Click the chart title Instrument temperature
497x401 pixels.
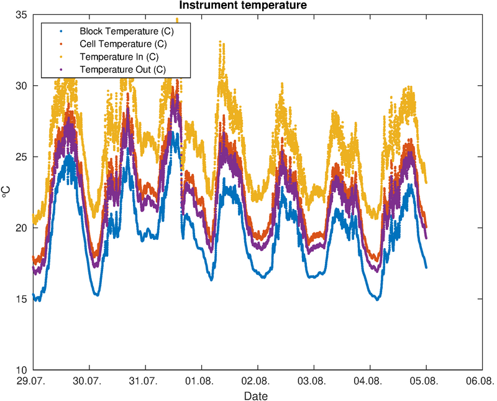point(243,5)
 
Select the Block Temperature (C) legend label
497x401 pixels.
point(127,31)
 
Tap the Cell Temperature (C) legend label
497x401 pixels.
point(123,44)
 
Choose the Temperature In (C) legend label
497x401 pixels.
point(119,57)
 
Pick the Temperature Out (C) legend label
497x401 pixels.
point(122,69)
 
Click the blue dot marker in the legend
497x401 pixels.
point(60,31)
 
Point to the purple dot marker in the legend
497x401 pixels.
point(60,69)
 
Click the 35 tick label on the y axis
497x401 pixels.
point(22,14)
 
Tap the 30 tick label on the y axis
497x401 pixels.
point(22,86)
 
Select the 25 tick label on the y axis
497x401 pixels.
point(22,157)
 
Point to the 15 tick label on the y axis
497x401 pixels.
point(22,299)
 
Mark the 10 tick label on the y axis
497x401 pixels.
point(22,370)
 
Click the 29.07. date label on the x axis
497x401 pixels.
point(30,380)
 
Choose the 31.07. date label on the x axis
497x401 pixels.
point(144,380)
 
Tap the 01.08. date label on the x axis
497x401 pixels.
point(199,380)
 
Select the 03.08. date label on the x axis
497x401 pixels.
point(312,380)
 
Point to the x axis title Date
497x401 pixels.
point(256,396)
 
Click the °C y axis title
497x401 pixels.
point(6,192)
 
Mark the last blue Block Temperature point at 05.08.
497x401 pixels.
point(426,267)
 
